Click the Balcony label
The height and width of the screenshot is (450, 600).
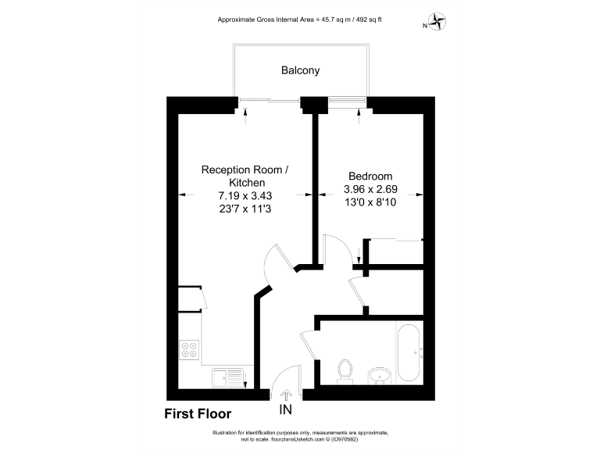(300, 70)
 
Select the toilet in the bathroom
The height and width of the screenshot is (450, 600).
(344, 371)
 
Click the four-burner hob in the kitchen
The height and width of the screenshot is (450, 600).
(190, 348)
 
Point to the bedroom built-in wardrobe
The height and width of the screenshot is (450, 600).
(394, 253)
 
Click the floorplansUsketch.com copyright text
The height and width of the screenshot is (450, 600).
(300, 439)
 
